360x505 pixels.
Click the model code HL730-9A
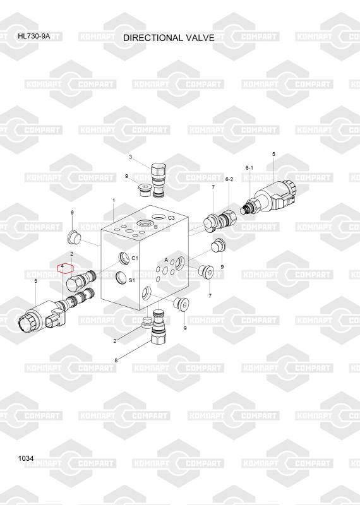[x=34, y=36]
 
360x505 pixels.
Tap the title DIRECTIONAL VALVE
[x=169, y=38]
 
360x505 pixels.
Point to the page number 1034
[x=26, y=458]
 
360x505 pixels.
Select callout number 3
[x=130, y=157]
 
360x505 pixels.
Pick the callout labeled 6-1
[x=249, y=168]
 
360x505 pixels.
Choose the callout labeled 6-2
[x=229, y=179]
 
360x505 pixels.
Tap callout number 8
[x=116, y=360]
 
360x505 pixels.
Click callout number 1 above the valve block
[x=114, y=200]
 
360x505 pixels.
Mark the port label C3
[x=171, y=218]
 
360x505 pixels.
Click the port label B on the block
[x=155, y=227]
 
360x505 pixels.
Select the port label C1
[x=135, y=258]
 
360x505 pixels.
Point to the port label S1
[x=131, y=280]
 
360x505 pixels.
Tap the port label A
[x=166, y=259]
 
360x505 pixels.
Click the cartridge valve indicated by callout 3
[x=159, y=179]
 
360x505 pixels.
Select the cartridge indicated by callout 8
[x=159, y=328]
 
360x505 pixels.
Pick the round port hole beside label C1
[x=124, y=259]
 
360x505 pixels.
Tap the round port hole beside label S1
[x=121, y=278]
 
